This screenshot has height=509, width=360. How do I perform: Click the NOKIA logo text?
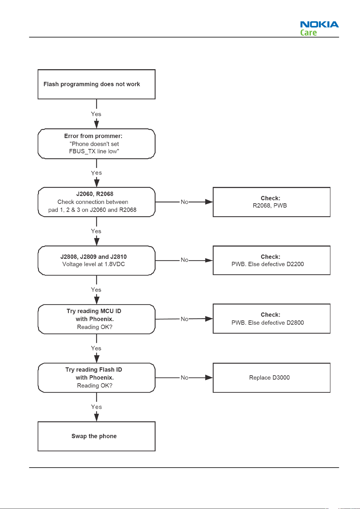coord(319,24)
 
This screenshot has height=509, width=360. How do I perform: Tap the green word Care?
coord(308,33)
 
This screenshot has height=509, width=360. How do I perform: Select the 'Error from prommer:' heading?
coord(93,136)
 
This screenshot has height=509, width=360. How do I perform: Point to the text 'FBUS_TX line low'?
coord(94,151)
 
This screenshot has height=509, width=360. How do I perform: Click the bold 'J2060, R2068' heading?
coord(95,194)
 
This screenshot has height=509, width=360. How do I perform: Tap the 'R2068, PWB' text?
coord(270,205)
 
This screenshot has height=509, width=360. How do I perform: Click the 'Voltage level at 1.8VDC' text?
coord(94,264)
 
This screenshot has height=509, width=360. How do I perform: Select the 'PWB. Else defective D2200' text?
coord(268,264)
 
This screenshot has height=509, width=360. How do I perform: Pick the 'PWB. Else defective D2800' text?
coord(268,323)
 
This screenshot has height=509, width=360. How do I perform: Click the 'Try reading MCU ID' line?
coord(94,311)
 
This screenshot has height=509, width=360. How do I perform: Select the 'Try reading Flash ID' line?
coord(94,369)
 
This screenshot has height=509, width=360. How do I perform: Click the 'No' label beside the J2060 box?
coord(185,202)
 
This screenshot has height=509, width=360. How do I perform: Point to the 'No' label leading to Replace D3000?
coord(185,378)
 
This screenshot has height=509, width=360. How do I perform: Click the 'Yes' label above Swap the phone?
coord(96,407)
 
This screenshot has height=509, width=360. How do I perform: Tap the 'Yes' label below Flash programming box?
coord(96,114)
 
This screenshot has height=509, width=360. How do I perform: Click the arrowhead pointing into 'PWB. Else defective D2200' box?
coord(209,260)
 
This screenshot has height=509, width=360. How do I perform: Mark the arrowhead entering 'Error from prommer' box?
coord(97,125)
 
